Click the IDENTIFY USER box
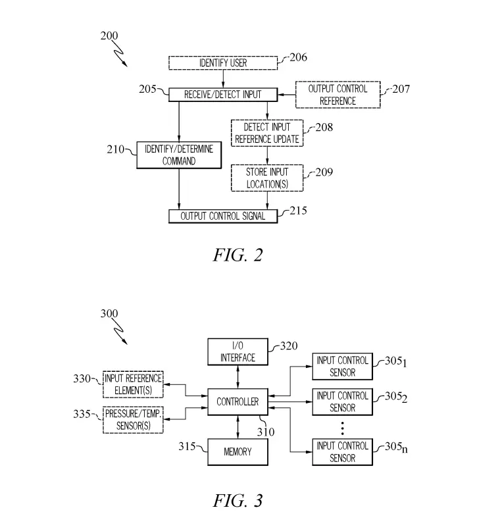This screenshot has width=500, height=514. pos(224,63)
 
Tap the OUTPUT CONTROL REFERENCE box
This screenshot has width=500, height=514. pos(337,95)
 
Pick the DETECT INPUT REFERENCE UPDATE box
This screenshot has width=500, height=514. pos(267,133)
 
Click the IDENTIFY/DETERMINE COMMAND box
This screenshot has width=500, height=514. pos(179,155)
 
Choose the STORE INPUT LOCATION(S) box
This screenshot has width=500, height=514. pos(267,178)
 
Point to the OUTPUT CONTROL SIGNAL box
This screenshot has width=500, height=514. pos(223,216)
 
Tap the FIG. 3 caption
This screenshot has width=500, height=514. pos(238,501)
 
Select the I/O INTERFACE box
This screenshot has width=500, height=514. pos(238,352)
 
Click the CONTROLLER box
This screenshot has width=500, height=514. pos(238,401)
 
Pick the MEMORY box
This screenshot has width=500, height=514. pos(238,453)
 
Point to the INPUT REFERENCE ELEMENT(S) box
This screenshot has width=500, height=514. pos(134,384)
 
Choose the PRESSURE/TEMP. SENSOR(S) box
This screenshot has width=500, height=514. pos(134,420)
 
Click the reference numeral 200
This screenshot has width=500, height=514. pos(109,36)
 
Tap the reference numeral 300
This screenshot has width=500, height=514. pos(109,314)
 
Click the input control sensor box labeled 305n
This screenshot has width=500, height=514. pos(341,452)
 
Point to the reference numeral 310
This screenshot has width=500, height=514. pos(266,432)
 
